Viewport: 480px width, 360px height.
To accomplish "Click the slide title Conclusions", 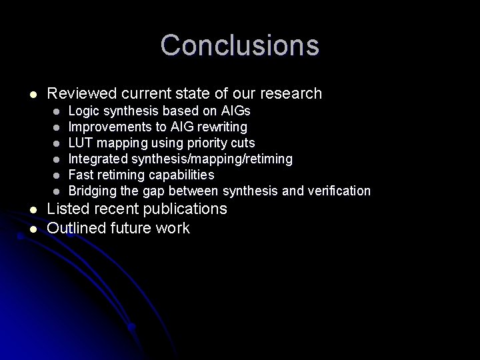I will (239, 45).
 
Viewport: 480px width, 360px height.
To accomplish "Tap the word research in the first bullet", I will (289, 94).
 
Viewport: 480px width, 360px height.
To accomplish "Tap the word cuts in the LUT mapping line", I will (243, 143).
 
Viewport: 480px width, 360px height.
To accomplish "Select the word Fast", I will (81, 175).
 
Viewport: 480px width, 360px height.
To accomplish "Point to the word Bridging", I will (92, 191).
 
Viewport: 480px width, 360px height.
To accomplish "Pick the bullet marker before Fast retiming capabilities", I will (58, 175).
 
